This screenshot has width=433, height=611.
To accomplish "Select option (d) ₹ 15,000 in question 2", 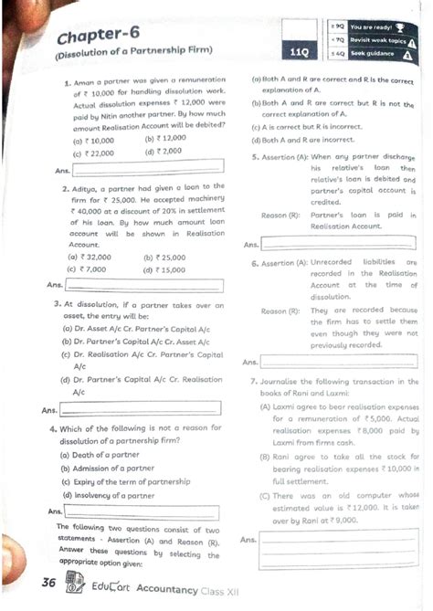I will tap(164, 269).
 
